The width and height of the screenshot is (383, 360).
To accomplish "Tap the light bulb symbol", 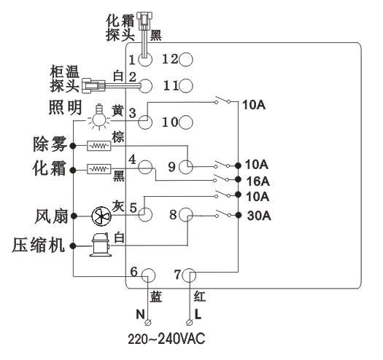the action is (99, 117).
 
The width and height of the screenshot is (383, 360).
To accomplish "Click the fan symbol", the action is (101, 216).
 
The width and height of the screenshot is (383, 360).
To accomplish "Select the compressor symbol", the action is (101, 245).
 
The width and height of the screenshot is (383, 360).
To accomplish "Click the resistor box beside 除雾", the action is (99, 146).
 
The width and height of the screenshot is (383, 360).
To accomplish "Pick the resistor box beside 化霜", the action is (99, 169).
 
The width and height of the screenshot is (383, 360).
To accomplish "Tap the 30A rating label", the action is (259, 216).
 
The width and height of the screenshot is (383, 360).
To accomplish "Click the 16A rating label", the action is (258, 181).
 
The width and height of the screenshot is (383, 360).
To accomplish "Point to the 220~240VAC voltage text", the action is (166, 339).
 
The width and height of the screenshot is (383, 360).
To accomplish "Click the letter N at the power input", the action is (141, 314).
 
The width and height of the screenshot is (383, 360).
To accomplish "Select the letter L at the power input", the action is (198, 314).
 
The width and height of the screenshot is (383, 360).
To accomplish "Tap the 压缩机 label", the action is (39, 245).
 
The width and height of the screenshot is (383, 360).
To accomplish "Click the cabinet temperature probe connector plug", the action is (93, 86).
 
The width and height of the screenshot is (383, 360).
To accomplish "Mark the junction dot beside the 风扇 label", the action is (74, 216).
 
